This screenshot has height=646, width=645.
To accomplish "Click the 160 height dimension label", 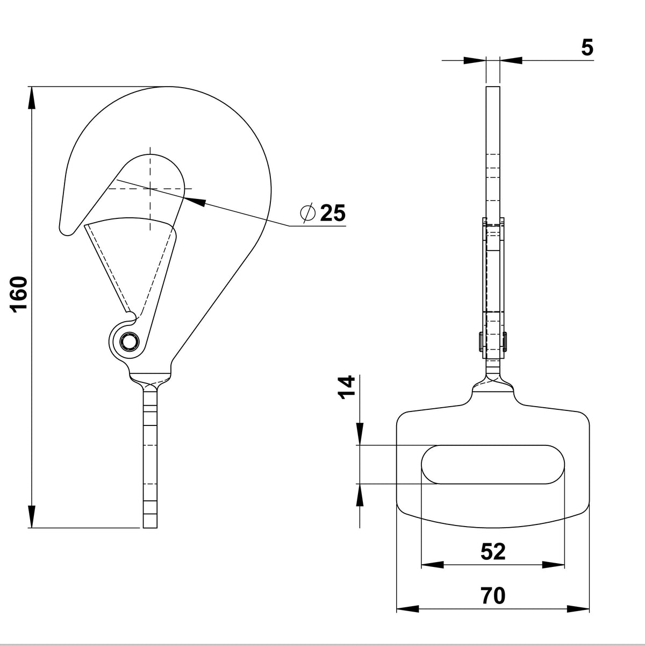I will tap(19, 294).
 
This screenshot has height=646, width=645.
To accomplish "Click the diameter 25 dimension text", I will tap(332, 214).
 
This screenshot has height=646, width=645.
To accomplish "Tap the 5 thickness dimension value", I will tap(587, 48).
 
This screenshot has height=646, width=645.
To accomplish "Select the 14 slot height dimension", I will tap(348, 386).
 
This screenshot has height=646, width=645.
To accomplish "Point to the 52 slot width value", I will tap(493, 552).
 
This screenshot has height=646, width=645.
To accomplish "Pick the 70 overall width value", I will tap(493, 596).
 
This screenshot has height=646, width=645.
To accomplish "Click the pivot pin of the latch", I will tap(129, 341).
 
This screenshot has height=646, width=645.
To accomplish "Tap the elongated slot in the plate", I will tap(493, 465).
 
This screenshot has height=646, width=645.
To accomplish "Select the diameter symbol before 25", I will tap(308, 214).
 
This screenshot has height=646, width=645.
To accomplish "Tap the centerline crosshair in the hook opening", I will tap(150, 189).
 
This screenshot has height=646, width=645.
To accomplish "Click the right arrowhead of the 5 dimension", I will tap(511, 61).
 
